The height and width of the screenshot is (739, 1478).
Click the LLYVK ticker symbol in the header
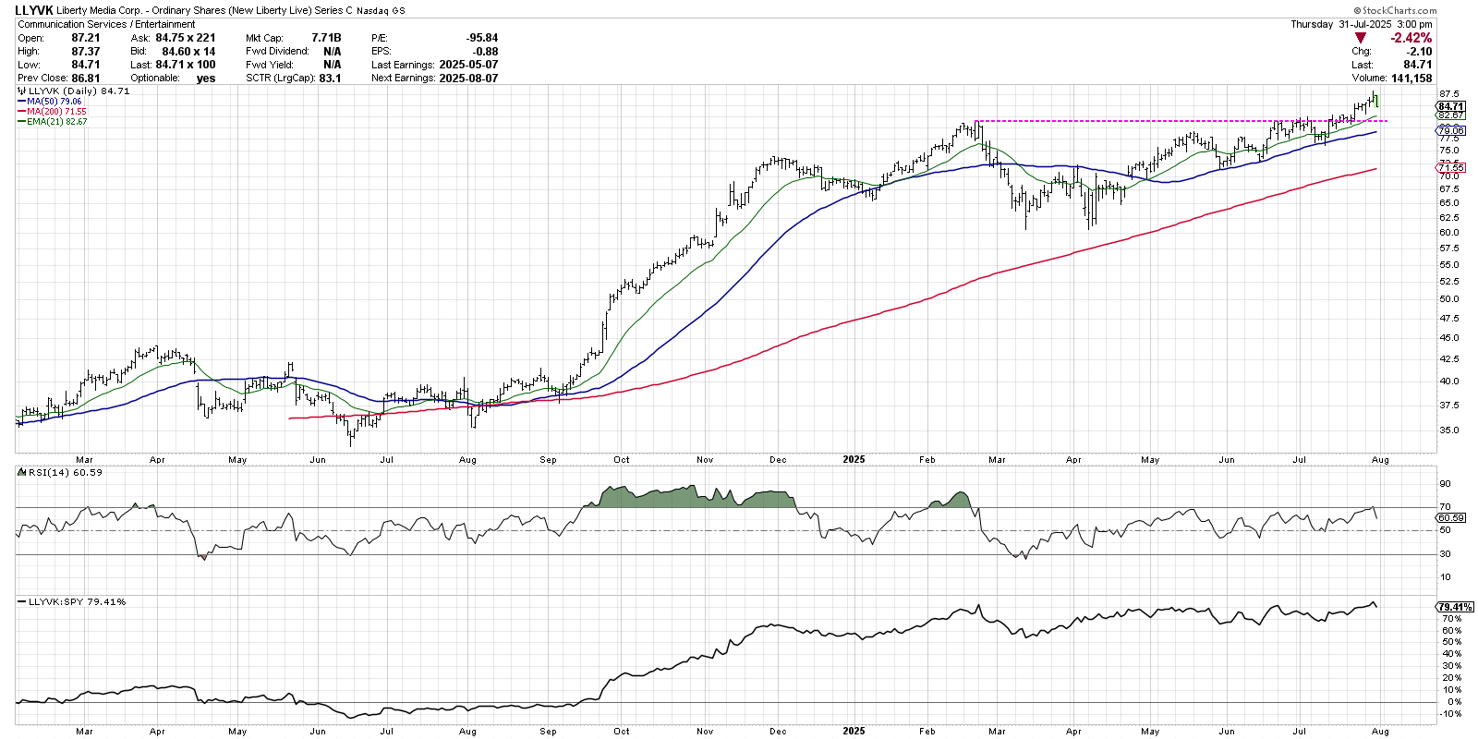click(34, 10)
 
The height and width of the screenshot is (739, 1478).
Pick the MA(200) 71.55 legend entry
click(56, 112)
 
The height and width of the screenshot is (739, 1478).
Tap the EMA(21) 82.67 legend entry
click(56, 122)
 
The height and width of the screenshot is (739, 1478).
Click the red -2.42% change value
click(1411, 38)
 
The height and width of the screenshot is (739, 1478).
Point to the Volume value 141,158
click(1411, 79)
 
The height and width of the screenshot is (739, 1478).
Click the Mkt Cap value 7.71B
click(326, 38)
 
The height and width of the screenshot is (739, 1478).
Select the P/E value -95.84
click(482, 38)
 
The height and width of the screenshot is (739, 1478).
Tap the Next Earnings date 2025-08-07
click(468, 79)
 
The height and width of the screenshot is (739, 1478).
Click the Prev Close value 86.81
click(85, 79)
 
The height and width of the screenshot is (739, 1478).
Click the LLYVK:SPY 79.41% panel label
click(77, 601)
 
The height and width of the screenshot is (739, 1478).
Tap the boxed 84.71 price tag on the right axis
click(1450, 106)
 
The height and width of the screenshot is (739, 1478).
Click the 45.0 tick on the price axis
click(1448, 338)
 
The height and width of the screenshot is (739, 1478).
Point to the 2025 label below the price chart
click(854, 459)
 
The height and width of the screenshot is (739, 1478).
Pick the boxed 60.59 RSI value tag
click(1450, 518)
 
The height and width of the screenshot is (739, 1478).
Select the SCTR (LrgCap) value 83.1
click(330, 79)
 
